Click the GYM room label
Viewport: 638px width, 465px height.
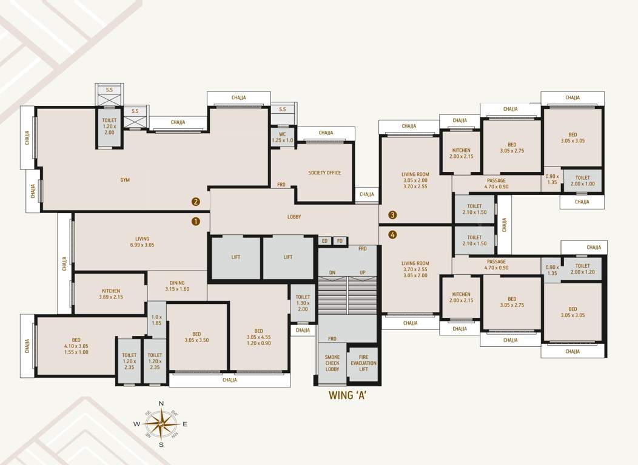(x=125, y=180)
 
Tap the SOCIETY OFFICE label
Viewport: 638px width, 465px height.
(x=324, y=173)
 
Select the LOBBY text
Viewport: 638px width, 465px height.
(x=294, y=217)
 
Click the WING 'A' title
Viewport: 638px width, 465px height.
(x=348, y=397)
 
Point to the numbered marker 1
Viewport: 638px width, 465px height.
(x=196, y=222)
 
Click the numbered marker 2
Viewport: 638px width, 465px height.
(x=196, y=202)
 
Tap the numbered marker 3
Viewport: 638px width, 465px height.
(x=393, y=215)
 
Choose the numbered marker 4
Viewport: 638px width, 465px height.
(x=393, y=235)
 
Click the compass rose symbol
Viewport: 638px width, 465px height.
(x=161, y=424)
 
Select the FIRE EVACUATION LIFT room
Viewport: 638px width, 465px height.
(x=363, y=363)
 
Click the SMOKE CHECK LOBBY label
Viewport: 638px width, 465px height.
(x=332, y=363)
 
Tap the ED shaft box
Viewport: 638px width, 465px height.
(x=324, y=241)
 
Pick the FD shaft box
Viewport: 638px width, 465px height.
(x=340, y=241)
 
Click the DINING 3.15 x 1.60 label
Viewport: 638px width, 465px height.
(x=177, y=286)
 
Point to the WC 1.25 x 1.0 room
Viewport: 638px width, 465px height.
(x=282, y=137)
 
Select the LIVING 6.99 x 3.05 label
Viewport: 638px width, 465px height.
(x=142, y=242)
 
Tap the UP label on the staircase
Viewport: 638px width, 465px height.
(x=363, y=272)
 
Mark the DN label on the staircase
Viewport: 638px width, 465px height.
(x=332, y=272)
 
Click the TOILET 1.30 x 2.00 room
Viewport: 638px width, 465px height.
(x=303, y=303)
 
